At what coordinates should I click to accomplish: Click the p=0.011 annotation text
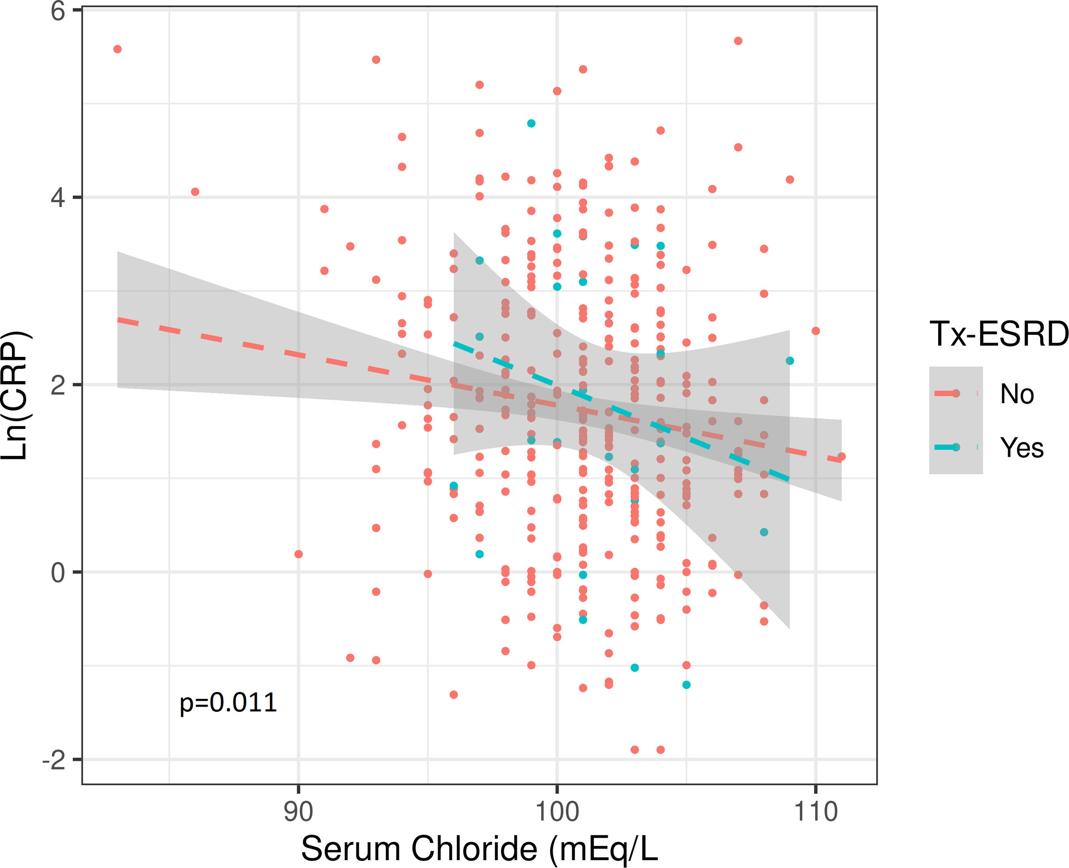click(x=228, y=703)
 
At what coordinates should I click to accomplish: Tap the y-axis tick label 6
click(x=58, y=11)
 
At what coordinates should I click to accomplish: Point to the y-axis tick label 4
click(x=58, y=198)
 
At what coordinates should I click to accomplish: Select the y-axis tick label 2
click(x=58, y=386)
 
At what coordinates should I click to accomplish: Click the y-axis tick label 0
click(x=58, y=573)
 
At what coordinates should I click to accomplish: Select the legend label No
click(x=1016, y=394)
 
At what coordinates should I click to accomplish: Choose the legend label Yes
click(x=1022, y=447)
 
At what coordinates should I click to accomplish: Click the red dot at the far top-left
click(x=118, y=49)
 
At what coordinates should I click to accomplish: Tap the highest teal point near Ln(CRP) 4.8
click(x=531, y=123)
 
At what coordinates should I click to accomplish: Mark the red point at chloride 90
click(x=299, y=554)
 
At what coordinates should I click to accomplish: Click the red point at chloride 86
click(x=195, y=192)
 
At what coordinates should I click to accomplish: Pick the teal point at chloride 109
click(x=789, y=361)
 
